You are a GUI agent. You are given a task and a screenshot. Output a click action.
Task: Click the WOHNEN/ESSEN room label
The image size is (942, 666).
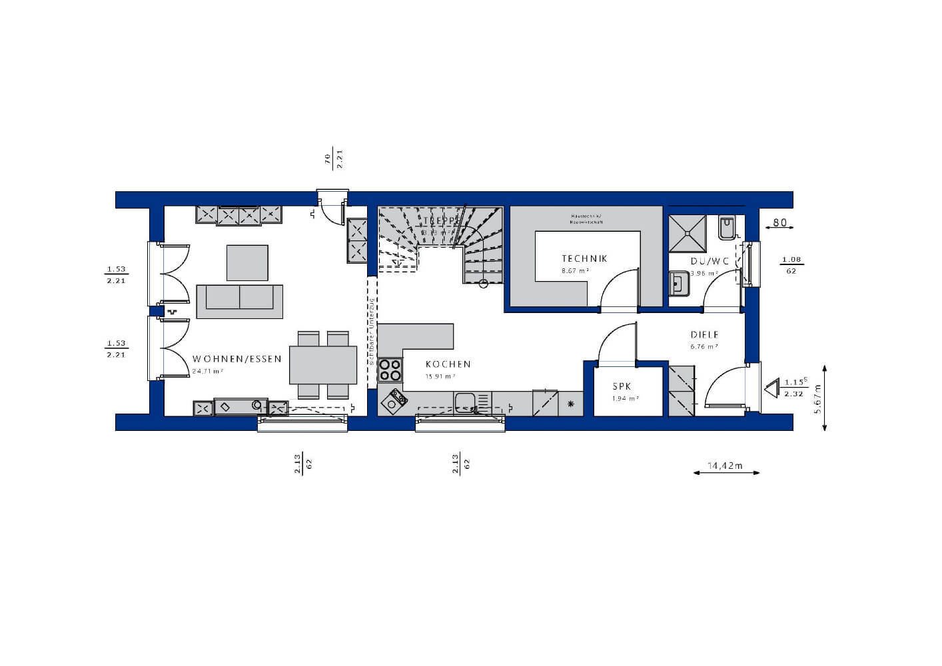pos(236,359)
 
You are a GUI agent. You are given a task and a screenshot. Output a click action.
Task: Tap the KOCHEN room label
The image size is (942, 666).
pos(448,364)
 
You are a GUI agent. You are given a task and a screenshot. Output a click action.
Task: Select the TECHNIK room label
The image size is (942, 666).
pos(584,259)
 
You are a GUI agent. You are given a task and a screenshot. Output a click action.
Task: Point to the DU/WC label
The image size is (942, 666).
pos(709,262)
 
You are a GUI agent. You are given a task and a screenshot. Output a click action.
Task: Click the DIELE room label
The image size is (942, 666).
pos(704,336)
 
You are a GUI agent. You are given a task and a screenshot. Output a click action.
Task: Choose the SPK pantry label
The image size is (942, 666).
pos(622,387)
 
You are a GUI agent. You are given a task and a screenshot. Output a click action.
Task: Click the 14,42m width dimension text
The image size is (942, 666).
pos(726,466)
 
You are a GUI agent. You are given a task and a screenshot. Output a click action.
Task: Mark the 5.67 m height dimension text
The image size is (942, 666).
pos(819,398)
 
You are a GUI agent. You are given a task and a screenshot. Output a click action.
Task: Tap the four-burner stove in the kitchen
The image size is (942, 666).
pos(390,369)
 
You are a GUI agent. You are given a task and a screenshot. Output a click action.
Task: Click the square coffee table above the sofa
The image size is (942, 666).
pos(247,262)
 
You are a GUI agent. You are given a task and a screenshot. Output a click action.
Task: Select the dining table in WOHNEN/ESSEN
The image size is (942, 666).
pos(323,365)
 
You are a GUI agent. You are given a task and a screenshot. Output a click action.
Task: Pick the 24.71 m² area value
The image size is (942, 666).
pos(206,371)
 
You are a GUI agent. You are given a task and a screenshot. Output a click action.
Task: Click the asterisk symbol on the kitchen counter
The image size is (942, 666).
pos(570,404)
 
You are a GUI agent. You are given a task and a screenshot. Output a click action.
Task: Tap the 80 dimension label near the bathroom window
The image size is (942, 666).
pos(779,222)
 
